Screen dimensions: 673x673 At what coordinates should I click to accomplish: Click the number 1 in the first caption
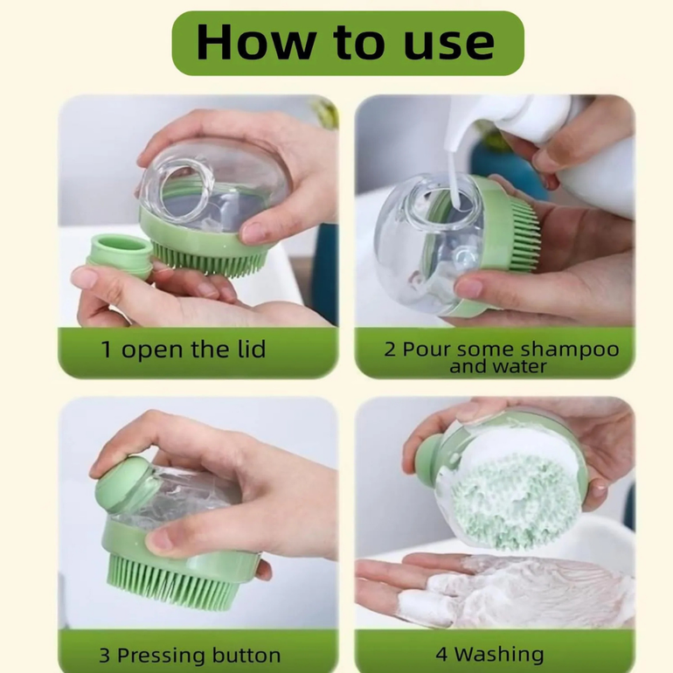(x=106, y=350)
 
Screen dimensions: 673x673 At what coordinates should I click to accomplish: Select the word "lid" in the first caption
(x=251, y=349)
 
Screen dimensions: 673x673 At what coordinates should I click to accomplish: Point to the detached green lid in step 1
(x=121, y=256)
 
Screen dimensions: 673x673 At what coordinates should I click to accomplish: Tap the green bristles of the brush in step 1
(x=210, y=259)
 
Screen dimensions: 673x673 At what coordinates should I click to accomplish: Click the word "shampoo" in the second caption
(x=570, y=350)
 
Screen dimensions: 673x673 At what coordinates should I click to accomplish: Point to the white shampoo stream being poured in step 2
(x=454, y=176)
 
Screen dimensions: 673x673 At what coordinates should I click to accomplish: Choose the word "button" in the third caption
(x=246, y=656)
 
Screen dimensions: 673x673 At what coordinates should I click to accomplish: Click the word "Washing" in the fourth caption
(x=499, y=655)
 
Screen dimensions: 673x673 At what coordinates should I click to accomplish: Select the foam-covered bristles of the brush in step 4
(x=515, y=503)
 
